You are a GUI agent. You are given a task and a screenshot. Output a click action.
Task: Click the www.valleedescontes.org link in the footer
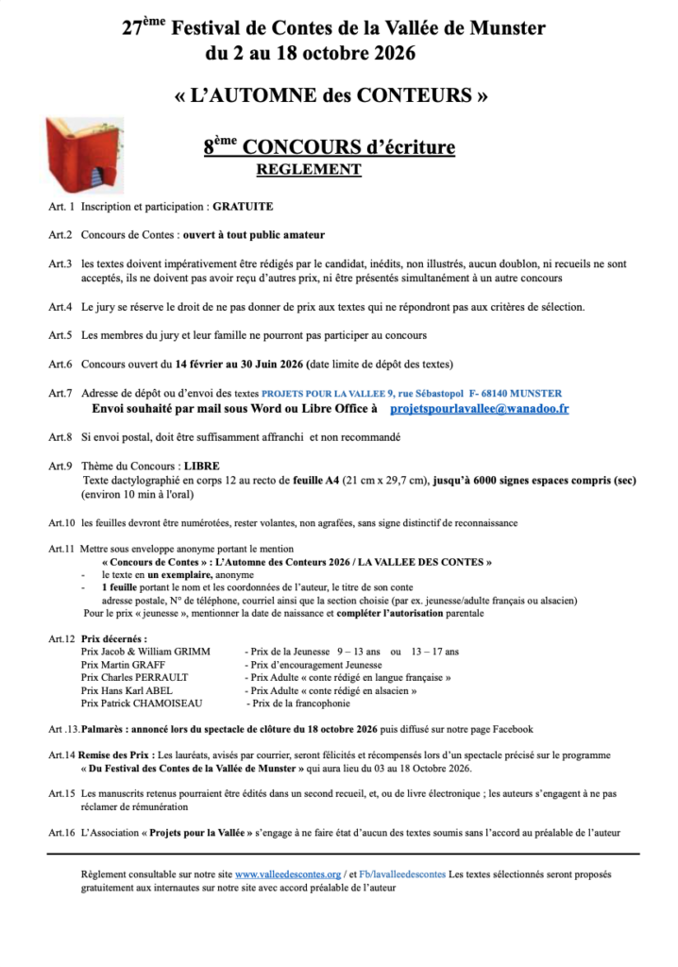(287, 874)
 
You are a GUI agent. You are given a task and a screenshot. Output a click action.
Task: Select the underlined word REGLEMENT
(309, 170)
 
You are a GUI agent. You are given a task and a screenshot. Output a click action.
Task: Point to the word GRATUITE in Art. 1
(244, 206)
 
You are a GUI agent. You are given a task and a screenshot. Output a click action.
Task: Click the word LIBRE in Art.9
(201, 467)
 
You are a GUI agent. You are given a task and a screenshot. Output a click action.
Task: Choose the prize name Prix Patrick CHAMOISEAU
(141, 704)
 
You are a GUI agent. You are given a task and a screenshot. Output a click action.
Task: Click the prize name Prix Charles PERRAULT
(135, 677)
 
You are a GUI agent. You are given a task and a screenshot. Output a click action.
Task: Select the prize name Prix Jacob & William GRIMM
(146, 652)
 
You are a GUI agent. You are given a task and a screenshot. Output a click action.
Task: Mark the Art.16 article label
(61, 832)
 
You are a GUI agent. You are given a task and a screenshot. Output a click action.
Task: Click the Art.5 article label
(61, 335)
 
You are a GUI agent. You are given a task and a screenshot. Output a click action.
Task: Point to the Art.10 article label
(61, 523)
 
